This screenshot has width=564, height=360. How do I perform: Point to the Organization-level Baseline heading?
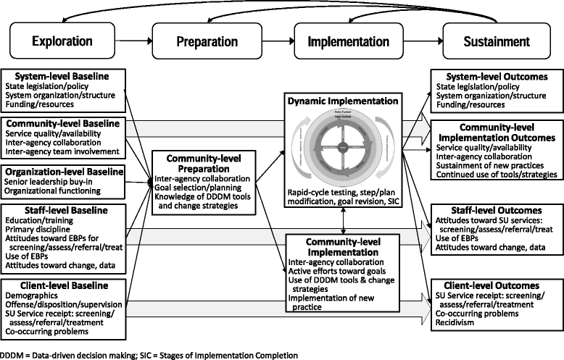(x=60, y=173)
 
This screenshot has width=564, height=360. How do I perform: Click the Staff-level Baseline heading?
(x=46, y=210)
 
